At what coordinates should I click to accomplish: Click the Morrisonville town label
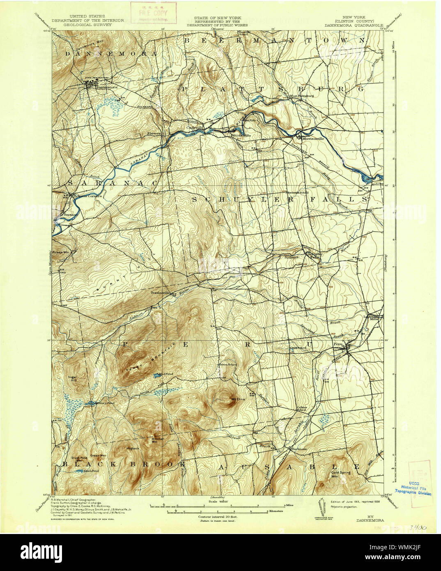point(313,138)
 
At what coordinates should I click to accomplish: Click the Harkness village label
point(299,449)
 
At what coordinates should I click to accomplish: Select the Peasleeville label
point(161,293)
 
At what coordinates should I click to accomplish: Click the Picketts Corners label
point(87,196)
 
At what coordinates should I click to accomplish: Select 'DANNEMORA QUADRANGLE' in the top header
point(354,24)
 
